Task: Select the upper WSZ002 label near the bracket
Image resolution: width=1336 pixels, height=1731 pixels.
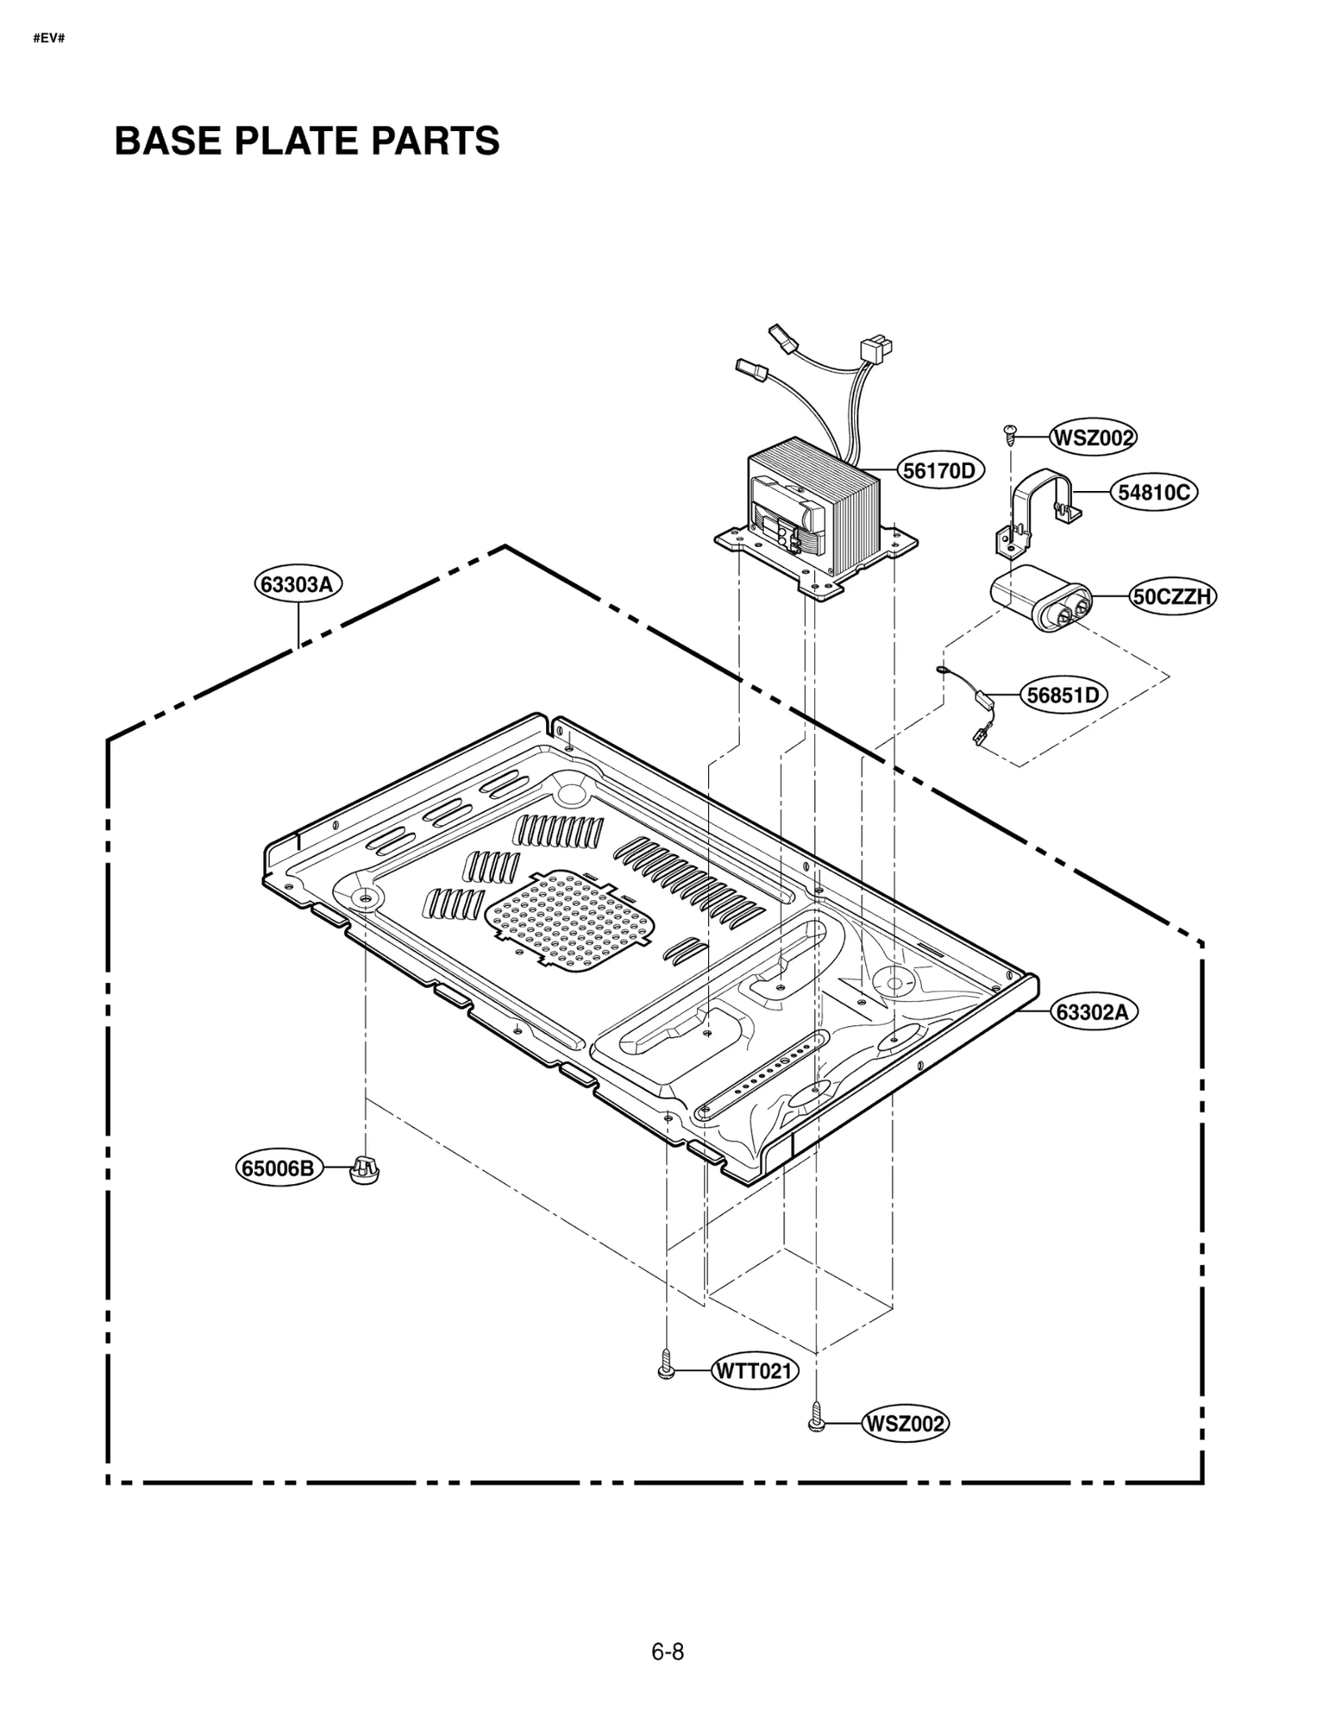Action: (1092, 437)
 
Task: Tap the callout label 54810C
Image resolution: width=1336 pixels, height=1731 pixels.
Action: (1153, 493)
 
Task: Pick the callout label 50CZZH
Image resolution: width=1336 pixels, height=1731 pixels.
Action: (1172, 596)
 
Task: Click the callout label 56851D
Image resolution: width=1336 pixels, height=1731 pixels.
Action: (1062, 695)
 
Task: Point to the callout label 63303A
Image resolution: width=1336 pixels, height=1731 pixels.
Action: (297, 584)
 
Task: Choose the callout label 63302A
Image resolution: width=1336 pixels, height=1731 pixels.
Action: (1092, 1012)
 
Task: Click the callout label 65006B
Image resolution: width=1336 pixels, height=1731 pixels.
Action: (278, 1167)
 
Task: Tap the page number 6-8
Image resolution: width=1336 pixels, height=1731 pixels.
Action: (667, 1651)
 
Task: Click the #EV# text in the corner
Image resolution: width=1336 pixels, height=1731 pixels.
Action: (48, 38)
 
